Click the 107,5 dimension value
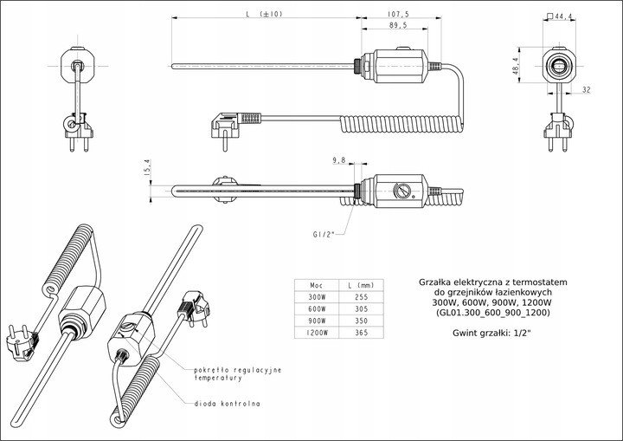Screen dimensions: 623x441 tap(398, 15)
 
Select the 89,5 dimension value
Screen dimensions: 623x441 tap(397, 25)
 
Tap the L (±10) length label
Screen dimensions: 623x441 tap(264, 14)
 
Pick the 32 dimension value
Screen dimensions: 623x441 tap(587, 90)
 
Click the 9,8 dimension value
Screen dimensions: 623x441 tap(339, 160)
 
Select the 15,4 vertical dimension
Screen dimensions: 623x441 tap(147, 167)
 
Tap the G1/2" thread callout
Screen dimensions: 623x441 tap(324, 235)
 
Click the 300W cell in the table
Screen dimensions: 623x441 tap(317, 297)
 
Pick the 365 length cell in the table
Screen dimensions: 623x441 tap(361, 333)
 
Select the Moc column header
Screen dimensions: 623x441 tap(317, 285)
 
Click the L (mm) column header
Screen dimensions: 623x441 tap(361, 285)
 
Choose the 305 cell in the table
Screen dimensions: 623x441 tap(361, 308)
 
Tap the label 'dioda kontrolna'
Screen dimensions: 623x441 tap(228, 404)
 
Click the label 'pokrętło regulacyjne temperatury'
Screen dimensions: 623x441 tap(238, 373)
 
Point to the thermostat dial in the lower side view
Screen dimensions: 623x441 tap(402, 191)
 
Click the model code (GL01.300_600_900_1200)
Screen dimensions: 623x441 tap(492, 313)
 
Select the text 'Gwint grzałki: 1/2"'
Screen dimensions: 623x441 tap(491, 334)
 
